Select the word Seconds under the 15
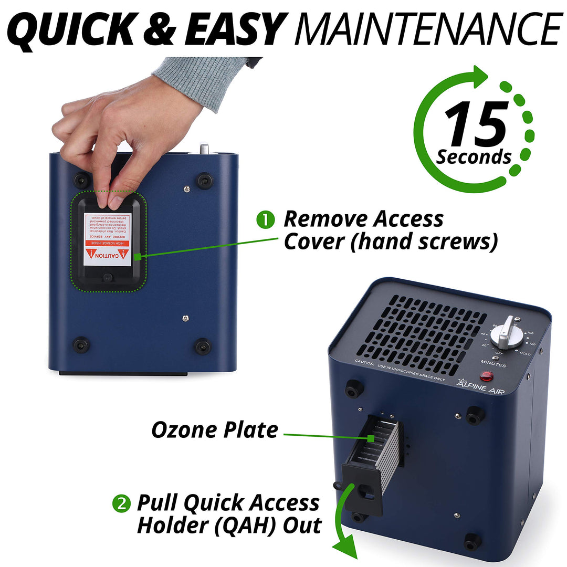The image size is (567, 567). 474,157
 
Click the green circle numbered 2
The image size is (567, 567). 121,504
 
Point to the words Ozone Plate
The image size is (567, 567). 215,430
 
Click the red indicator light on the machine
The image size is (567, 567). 486,376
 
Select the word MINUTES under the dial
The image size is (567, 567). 493,364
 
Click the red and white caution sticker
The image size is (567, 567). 108,239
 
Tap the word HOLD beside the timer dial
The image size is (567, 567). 525,354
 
